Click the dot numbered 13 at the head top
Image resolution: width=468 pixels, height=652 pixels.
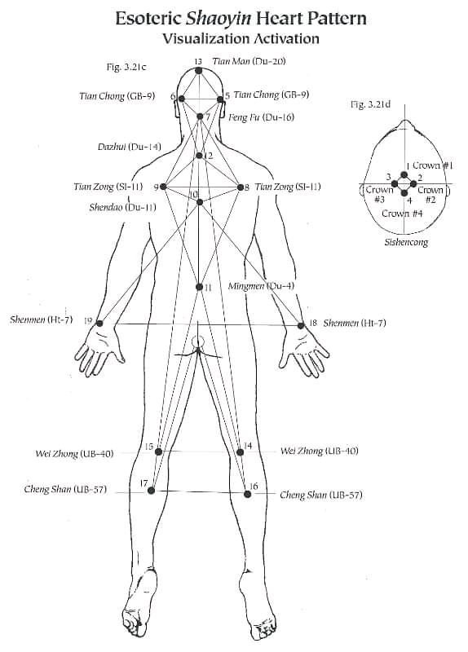pos(198,71)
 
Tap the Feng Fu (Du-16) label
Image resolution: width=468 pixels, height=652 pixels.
pos(261,117)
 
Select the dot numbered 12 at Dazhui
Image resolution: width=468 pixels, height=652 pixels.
pos(199,156)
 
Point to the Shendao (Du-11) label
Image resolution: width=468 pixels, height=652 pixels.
pos(123,207)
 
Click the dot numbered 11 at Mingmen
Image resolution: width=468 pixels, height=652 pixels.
pos(199,287)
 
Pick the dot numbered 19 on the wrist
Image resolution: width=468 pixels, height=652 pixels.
pos(99,323)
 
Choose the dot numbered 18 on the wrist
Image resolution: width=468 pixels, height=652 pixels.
pos(301,325)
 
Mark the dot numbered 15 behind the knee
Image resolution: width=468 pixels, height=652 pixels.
pos(158,452)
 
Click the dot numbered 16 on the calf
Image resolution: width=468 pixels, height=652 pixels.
pos(248,494)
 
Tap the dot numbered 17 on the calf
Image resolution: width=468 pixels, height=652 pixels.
pos(151,491)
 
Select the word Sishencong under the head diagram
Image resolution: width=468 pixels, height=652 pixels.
pos(406,242)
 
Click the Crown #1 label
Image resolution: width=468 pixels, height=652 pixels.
pos(433,165)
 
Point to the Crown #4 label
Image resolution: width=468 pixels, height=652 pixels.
pos(402,214)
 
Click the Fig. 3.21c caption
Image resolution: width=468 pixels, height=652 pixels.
pos(126,67)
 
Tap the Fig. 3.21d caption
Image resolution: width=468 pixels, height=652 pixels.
pos(370,104)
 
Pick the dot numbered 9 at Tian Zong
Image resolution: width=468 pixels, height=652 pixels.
pos(164,187)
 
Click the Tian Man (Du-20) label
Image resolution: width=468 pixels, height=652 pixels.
pos(249,61)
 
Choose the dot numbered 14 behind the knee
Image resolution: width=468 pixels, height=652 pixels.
pos(240,452)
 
